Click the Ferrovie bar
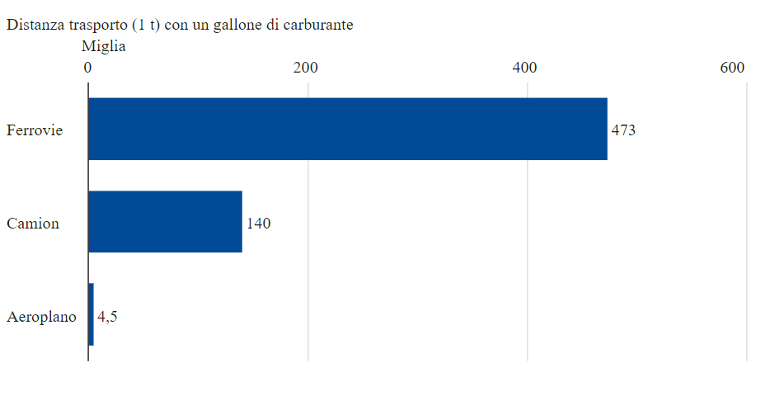(x=347, y=129)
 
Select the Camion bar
(x=165, y=222)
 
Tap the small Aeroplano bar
(x=91, y=314)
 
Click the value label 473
(x=623, y=130)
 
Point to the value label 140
(x=259, y=223)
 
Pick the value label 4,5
(x=107, y=316)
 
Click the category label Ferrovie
(x=35, y=130)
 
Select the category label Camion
(x=33, y=224)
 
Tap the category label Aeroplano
(x=41, y=317)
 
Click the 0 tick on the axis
(x=87, y=68)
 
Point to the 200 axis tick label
(x=306, y=68)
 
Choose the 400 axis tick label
(x=525, y=68)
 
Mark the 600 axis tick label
(x=732, y=68)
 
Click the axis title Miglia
(x=103, y=46)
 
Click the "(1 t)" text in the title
(x=147, y=25)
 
